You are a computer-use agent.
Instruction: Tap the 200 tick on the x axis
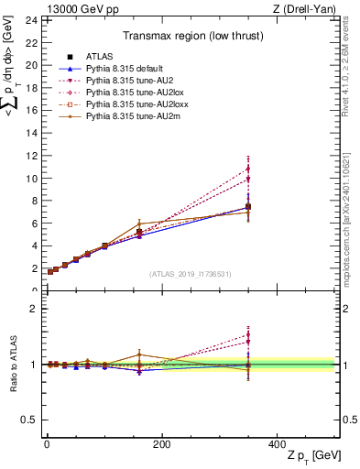(x=161, y=444)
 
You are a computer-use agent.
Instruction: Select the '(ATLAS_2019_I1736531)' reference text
(x=190, y=273)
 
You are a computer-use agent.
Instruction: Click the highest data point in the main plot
(x=247, y=169)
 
